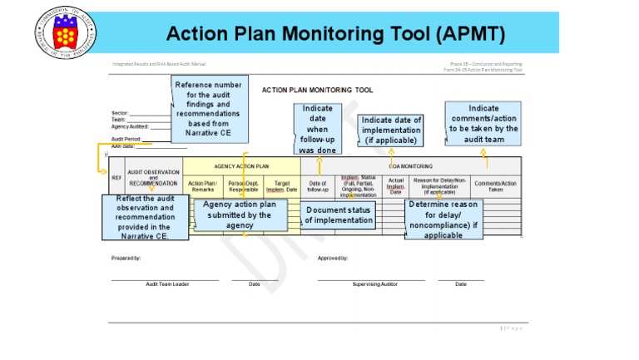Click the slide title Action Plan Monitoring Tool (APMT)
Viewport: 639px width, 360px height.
[335, 34]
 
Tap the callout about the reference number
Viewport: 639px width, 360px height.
[209, 109]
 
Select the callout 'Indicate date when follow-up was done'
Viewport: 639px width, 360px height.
[317, 129]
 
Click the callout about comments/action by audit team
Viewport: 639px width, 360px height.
[483, 124]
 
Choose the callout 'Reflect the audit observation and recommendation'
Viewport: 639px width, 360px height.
[145, 217]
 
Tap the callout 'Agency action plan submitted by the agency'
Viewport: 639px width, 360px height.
[240, 215]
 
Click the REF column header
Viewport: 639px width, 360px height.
[116, 178]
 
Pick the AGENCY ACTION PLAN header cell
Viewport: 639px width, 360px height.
[241, 166]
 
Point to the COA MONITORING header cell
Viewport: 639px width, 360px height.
[410, 166]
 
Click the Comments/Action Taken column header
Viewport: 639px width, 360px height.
[495, 186]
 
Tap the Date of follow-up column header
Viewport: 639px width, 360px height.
[318, 186]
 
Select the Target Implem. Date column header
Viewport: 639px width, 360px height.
[281, 186]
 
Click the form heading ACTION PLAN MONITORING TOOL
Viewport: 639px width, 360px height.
[317, 90]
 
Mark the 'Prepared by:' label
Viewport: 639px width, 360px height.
[126, 258]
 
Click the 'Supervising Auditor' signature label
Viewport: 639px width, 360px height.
[375, 284]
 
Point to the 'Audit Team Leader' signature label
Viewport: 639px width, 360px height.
[167, 284]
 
